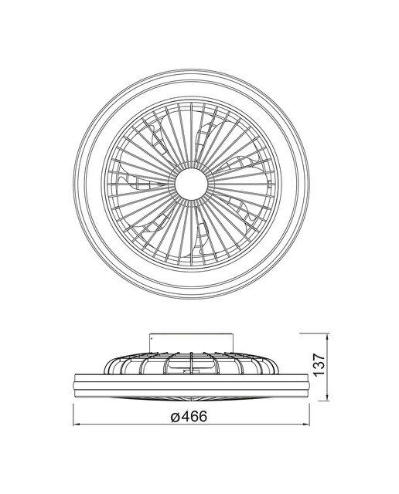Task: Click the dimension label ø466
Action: click(x=189, y=417)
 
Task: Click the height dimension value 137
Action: click(x=319, y=364)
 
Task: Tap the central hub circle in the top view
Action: click(x=191, y=184)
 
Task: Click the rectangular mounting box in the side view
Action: click(x=191, y=343)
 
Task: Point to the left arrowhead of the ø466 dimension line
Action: click(x=76, y=425)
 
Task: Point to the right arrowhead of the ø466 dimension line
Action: click(x=306, y=425)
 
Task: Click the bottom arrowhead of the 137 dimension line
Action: click(x=329, y=398)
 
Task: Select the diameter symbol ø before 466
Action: click(x=176, y=417)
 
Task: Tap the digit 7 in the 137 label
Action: click(x=319, y=357)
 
